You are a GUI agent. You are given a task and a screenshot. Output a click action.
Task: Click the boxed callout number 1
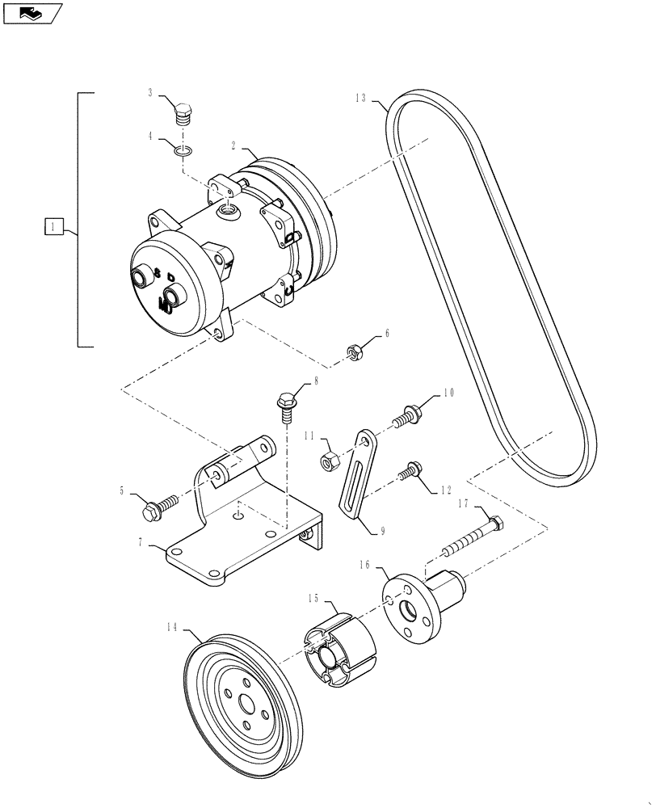tap(53, 227)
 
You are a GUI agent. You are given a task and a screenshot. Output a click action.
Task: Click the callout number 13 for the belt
tap(360, 98)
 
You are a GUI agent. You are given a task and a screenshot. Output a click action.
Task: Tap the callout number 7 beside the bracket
tap(141, 544)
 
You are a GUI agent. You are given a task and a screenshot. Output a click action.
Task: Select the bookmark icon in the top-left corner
tap(32, 12)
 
